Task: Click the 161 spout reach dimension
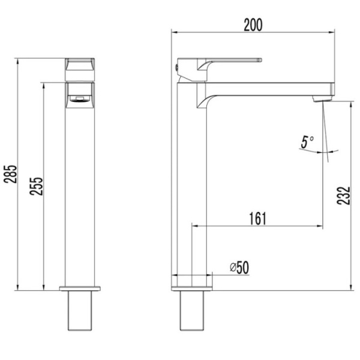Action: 256,218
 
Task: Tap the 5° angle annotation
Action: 307,142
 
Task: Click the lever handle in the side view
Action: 228,62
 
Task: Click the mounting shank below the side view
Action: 192,311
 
